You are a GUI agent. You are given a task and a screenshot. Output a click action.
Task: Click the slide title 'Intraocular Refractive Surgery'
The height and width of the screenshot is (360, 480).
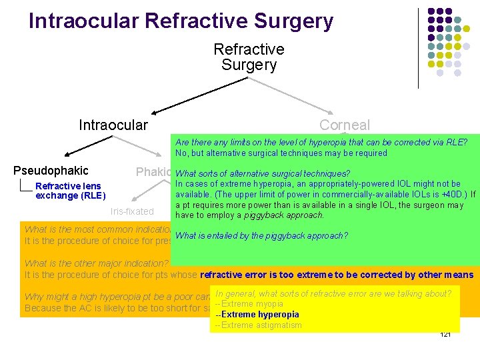coord(181,21)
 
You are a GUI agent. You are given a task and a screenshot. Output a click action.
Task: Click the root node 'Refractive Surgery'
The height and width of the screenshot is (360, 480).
coord(249,57)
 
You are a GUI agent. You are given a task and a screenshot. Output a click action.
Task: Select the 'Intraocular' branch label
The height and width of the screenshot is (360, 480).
coord(113,125)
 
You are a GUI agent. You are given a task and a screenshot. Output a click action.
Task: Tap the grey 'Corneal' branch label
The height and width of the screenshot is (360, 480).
coord(344,125)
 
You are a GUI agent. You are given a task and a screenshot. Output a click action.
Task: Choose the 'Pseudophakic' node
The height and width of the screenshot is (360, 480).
coord(51,171)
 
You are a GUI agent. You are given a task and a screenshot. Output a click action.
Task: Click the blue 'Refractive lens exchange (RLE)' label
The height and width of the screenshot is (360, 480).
coord(69,191)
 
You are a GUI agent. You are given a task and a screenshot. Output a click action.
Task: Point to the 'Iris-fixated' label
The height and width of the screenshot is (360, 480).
coord(131,212)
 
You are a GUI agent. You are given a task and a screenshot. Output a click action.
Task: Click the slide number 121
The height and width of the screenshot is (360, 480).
coord(445,334)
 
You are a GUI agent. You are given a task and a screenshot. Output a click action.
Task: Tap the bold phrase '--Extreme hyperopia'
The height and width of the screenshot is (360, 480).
coord(257,315)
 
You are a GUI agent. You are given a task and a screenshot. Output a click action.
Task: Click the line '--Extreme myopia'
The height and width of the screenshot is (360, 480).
coord(249,304)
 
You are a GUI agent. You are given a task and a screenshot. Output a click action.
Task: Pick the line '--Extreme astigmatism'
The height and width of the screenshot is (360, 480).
coord(258,325)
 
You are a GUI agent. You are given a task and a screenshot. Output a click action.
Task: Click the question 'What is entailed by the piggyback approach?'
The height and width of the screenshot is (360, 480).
coord(262,235)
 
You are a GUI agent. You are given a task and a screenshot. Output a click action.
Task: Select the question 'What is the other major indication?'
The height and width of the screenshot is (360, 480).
coord(97,263)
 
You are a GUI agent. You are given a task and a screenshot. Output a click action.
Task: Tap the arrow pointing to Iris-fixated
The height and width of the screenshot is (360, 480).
coord(143,193)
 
